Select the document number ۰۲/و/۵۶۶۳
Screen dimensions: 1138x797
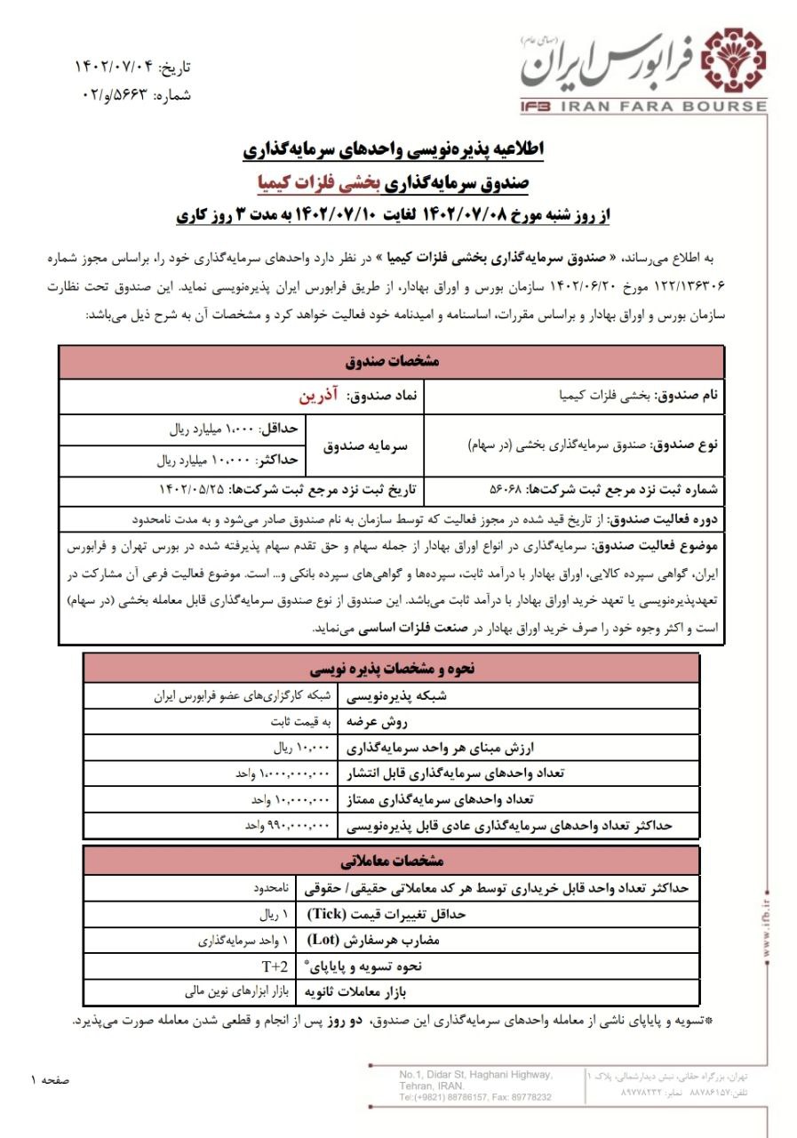111,94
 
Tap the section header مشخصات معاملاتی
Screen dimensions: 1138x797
391,861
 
